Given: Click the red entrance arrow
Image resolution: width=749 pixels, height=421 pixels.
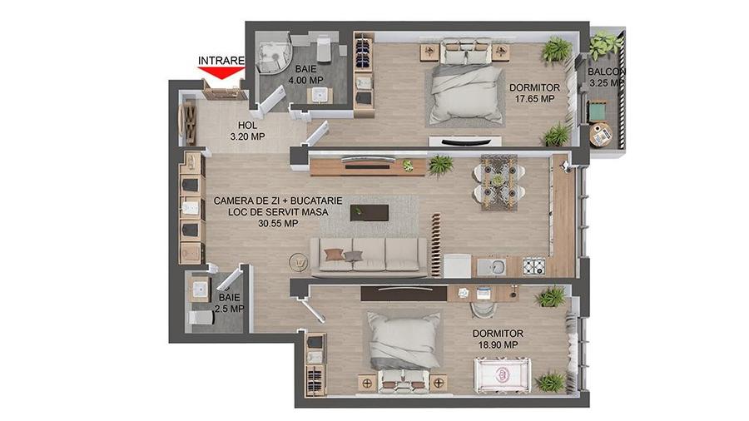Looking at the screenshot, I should pos(221,73).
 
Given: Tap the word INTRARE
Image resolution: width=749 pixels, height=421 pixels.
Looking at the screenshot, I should pos(221,61).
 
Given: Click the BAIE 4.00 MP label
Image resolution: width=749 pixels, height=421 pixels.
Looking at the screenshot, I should pos(306,75).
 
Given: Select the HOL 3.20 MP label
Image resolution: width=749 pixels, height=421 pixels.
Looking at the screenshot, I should pos(246,131).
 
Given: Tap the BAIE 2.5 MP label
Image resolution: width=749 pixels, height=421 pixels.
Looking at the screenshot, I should pos(228,303).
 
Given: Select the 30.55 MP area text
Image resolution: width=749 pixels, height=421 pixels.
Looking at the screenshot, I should pos(278,223).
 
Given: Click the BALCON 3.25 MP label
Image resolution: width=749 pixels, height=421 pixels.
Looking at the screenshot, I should pos(606,77).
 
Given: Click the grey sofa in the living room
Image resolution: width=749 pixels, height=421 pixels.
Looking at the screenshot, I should pos(369,256).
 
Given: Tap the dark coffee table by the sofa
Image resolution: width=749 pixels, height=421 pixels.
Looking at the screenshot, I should pos(369,212).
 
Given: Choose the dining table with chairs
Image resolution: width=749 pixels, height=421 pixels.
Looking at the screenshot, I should pos(498,181).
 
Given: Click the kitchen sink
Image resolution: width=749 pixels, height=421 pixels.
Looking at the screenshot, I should pos(496,267).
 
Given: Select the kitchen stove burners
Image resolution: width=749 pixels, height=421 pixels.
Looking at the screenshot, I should pos(533,267).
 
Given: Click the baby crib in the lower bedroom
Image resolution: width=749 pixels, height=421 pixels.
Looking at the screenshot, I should pos(503,374).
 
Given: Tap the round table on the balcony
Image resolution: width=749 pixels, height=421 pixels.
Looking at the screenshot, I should pos(600,132).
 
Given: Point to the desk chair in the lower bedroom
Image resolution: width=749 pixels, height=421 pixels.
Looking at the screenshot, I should pos(482,310).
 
